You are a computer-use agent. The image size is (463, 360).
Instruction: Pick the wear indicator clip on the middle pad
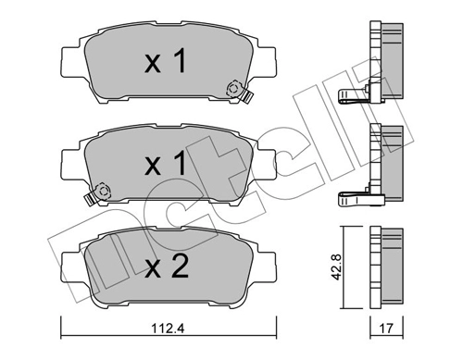point(101,192)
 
